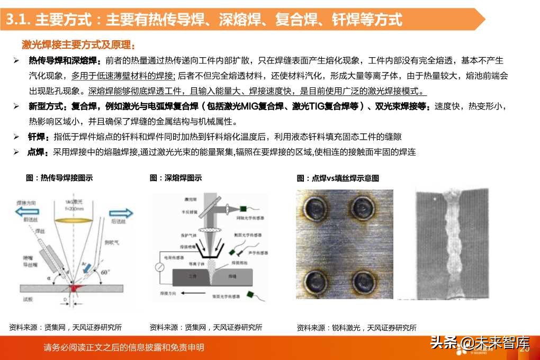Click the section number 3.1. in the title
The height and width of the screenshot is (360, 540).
pos(19,20)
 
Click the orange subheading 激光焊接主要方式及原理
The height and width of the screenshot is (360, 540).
pos(78,44)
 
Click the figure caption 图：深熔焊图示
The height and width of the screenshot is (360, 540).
pos(175,178)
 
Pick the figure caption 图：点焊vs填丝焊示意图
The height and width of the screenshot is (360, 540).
pos(338,178)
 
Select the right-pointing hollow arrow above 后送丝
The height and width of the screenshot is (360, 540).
pos(121,213)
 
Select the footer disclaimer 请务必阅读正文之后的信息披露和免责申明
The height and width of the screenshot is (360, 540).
pos(124,348)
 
